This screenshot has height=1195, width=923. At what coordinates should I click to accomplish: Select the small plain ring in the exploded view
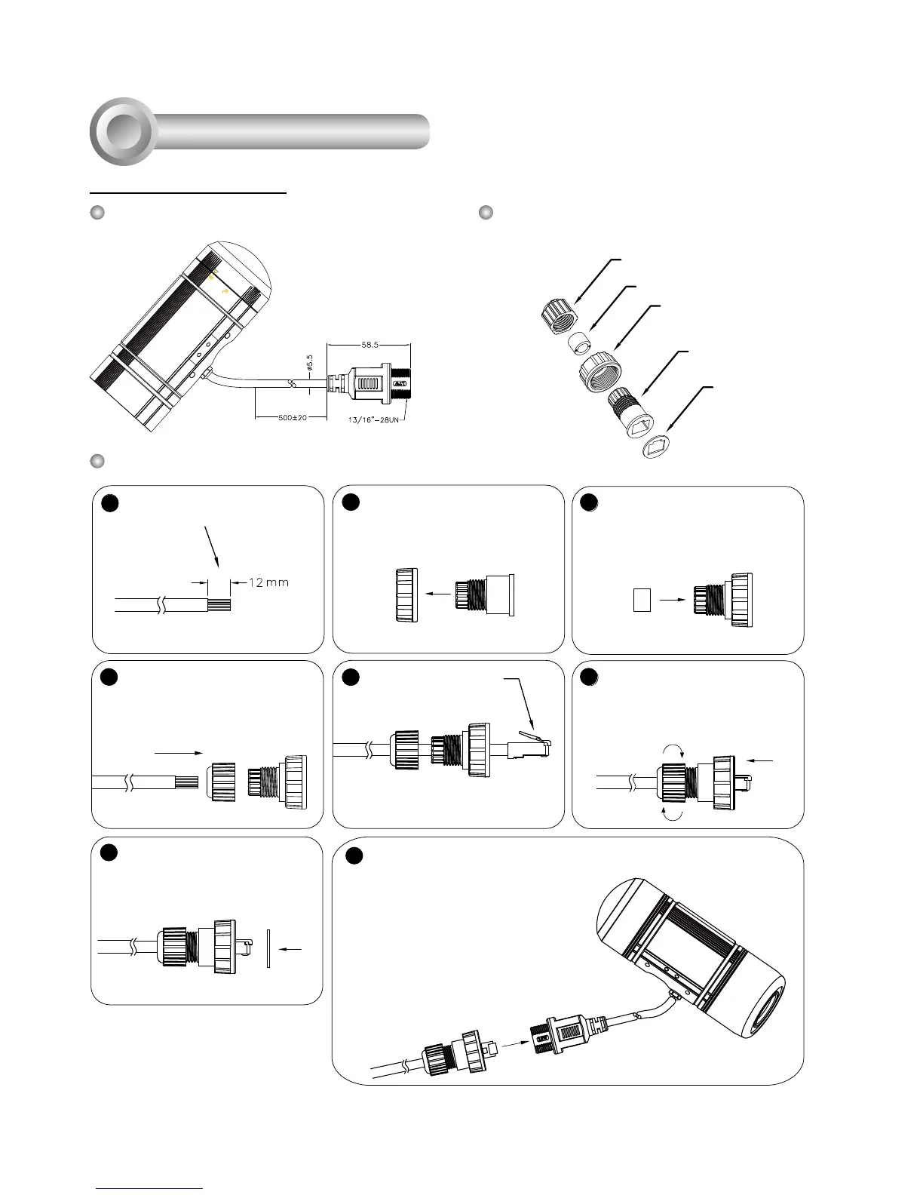point(578,343)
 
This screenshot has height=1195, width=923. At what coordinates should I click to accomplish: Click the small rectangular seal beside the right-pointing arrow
point(641,600)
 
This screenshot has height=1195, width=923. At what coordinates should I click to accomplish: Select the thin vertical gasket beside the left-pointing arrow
point(268,948)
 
